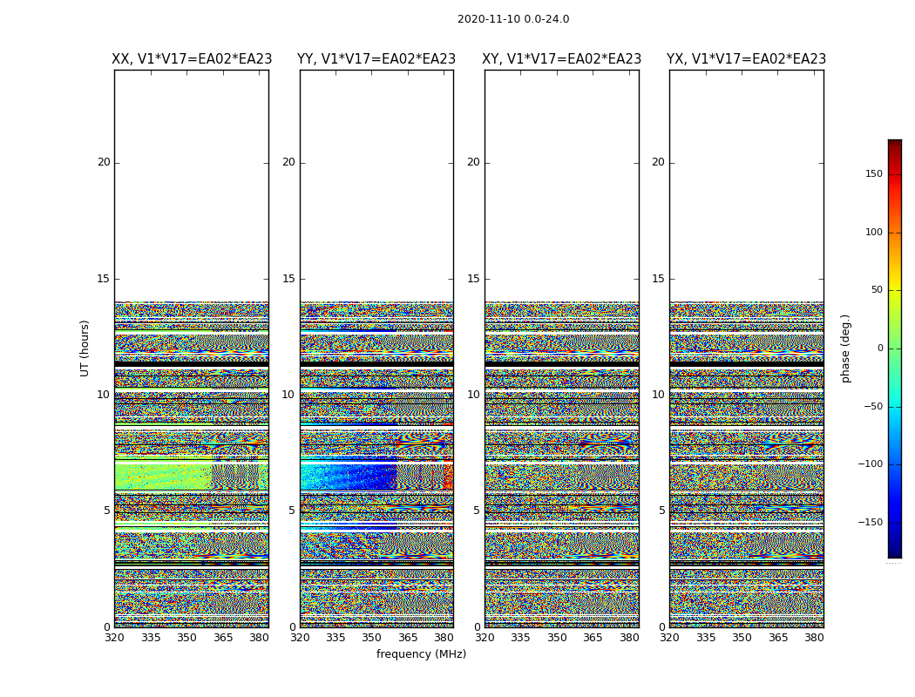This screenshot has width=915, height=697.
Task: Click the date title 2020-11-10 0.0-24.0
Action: click(513, 19)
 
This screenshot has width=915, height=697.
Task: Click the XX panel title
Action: click(192, 59)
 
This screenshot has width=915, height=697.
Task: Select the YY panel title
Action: click(376, 59)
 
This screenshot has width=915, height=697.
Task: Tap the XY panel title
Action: click(562, 59)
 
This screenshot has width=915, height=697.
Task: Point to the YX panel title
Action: click(747, 59)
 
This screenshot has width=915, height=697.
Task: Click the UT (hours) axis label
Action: click(85, 348)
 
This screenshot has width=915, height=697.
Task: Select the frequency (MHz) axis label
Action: click(421, 654)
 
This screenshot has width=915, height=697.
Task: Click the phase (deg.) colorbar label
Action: click(846, 348)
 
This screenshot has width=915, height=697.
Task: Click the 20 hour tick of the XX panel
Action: click(104, 162)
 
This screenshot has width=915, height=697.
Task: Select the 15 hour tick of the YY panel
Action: click(288, 279)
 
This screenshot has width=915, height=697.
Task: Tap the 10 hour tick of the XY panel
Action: click(473, 395)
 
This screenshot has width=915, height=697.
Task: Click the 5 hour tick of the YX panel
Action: click(661, 511)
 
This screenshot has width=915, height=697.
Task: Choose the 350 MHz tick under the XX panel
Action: click(186, 638)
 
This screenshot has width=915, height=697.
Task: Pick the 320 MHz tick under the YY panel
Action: click(300, 638)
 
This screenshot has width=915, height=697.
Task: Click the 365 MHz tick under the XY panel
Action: click(593, 638)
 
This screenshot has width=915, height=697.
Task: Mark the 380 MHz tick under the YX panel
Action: click(814, 638)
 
